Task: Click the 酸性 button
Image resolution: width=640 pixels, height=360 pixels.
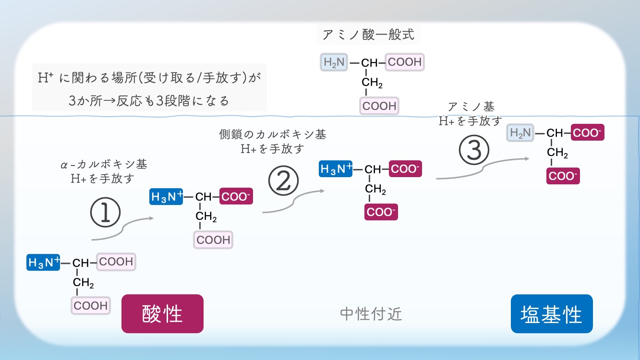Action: pyautogui.click(x=162, y=313)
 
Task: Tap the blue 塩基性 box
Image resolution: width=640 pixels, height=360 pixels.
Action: pyautogui.click(x=552, y=313)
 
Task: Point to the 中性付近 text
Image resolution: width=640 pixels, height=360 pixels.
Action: pyautogui.click(x=371, y=314)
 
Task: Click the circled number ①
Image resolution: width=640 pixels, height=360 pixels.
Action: pyautogui.click(x=105, y=213)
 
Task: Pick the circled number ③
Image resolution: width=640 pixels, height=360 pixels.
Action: pyautogui.click(x=474, y=150)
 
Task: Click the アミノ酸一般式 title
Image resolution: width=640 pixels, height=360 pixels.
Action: pyautogui.click(x=368, y=35)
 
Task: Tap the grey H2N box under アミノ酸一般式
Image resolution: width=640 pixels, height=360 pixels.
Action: pyautogui.click(x=334, y=62)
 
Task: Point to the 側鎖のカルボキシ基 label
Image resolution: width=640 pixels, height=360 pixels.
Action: pyautogui.click(x=272, y=134)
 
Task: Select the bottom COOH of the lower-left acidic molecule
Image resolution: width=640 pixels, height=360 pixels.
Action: pyautogui.click(x=90, y=305)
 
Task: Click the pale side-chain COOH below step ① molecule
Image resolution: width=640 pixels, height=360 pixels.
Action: pyautogui.click(x=213, y=240)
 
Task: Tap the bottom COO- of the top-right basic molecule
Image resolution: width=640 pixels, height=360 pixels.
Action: pyautogui.click(x=563, y=176)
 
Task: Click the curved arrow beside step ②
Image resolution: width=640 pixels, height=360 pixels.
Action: pyautogui.click(x=294, y=202)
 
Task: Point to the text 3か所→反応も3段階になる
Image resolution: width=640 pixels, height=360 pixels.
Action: pyautogui.click(x=149, y=101)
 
